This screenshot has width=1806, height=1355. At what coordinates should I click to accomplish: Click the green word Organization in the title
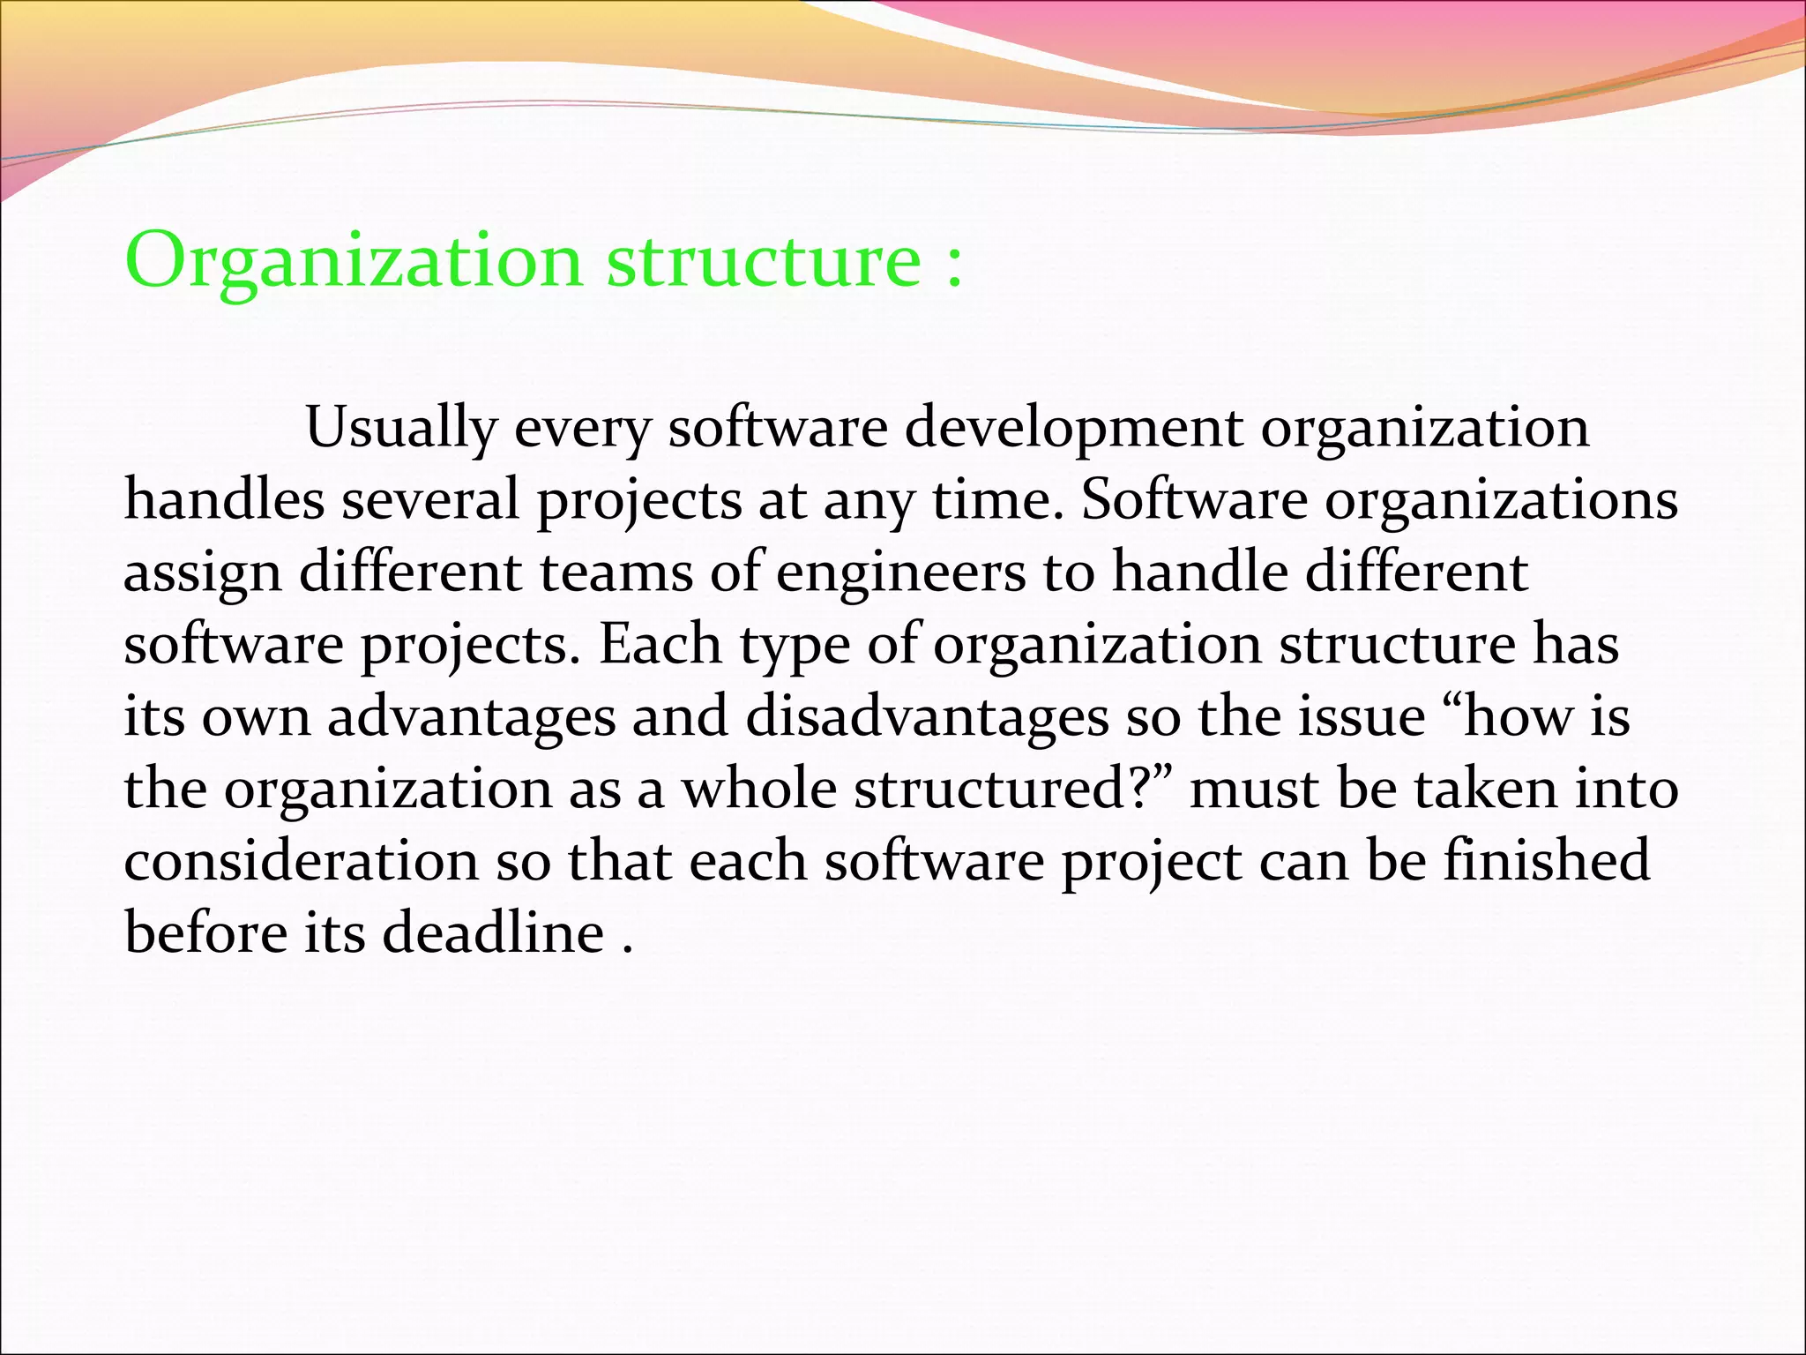pyautogui.click(x=353, y=262)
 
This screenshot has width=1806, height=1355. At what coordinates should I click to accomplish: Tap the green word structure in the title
pyautogui.click(x=764, y=262)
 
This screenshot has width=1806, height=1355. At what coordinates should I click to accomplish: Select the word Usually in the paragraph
pyautogui.click(x=400, y=430)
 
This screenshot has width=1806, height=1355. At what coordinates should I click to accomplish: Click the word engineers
pyautogui.click(x=900, y=573)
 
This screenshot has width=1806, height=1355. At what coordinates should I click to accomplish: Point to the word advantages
pyautogui.click(x=472, y=717)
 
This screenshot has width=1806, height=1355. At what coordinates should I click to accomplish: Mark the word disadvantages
pyautogui.click(x=927, y=717)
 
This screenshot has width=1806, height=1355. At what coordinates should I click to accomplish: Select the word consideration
pyautogui.click(x=301, y=861)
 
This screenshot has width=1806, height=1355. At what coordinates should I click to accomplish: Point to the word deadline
pyautogui.click(x=493, y=933)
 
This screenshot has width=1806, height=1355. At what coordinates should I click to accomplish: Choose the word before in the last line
pyautogui.click(x=205, y=933)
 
